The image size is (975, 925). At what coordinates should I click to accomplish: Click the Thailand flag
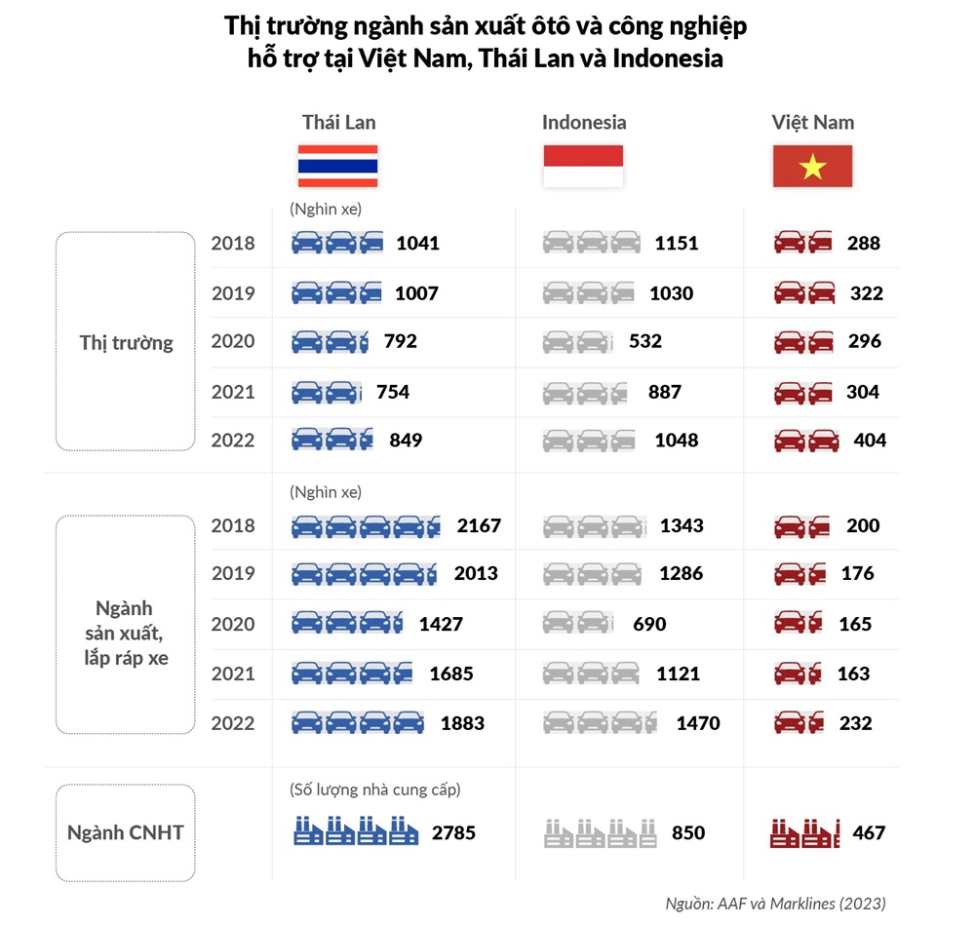[x=337, y=166]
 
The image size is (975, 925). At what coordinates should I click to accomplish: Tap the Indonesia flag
[x=583, y=166]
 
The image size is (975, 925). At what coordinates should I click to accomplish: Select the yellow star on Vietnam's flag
[x=813, y=167]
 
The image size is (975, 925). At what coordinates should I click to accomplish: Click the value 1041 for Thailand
[x=418, y=243]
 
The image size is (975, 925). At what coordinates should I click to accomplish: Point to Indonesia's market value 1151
[x=677, y=243]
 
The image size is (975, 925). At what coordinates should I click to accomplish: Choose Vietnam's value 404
[x=870, y=441]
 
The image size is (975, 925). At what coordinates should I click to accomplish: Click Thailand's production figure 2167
[x=479, y=525]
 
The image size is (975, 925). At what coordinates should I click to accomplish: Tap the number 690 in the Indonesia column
[x=649, y=624]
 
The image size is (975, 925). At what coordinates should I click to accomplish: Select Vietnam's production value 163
[x=854, y=674]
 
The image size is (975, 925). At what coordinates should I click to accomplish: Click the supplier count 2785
[x=454, y=832]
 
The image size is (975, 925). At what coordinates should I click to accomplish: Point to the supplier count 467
[x=869, y=832]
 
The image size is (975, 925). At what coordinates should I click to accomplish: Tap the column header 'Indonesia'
[x=584, y=123]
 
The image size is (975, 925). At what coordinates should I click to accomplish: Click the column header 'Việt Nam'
[x=813, y=123]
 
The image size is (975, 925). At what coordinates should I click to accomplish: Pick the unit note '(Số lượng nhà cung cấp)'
[x=375, y=790]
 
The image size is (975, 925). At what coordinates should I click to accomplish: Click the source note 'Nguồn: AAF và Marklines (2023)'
[x=775, y=904]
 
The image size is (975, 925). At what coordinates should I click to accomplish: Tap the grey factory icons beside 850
[x=600, y=833]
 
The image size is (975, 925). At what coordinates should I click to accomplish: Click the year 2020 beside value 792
[x=233, y=341]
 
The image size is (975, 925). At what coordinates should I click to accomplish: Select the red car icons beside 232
[x=799, y=723]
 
